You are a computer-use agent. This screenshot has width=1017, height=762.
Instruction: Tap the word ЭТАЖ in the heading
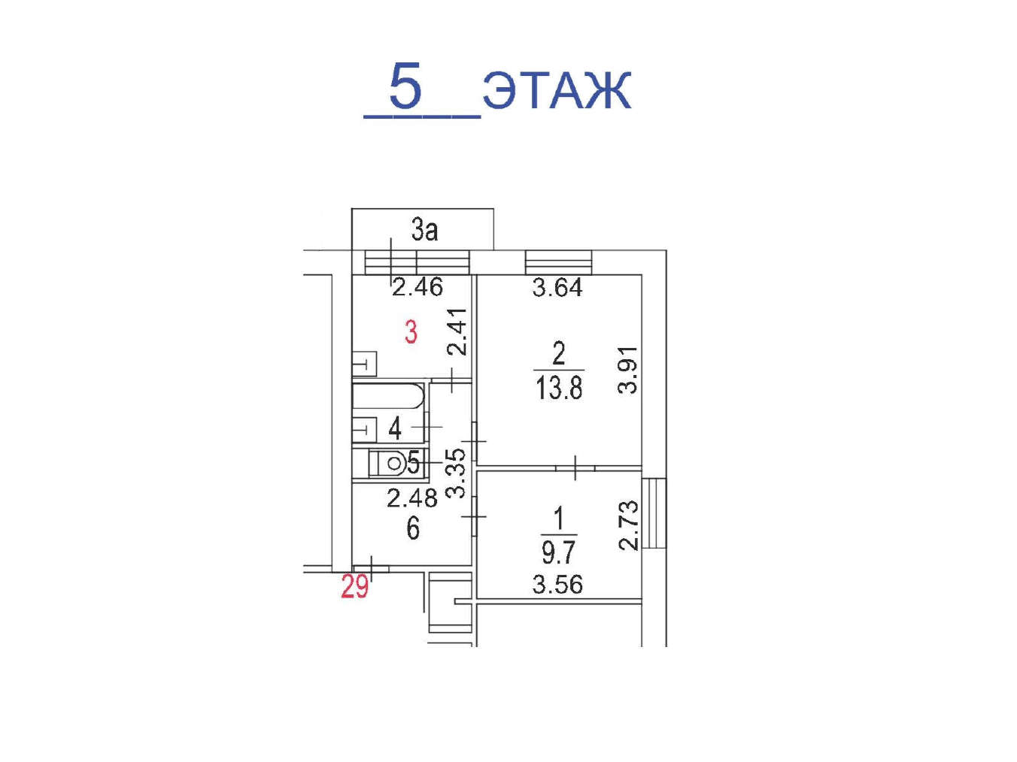(x=557, y=89)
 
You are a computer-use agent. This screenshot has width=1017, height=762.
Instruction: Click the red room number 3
(x=411, y=332)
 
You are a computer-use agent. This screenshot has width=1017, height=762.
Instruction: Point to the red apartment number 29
(x=354, y=587)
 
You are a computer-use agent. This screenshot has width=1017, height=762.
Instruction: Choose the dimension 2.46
(x=417, y=287)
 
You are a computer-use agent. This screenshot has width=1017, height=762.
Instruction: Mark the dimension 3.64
(x=557, y=287)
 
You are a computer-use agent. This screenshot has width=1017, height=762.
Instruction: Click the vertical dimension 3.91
(x=628, y=370)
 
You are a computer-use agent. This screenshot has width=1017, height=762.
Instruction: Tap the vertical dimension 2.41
(x=457, y=331)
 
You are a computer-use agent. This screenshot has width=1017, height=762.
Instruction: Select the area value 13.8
(x=559, y=387)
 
